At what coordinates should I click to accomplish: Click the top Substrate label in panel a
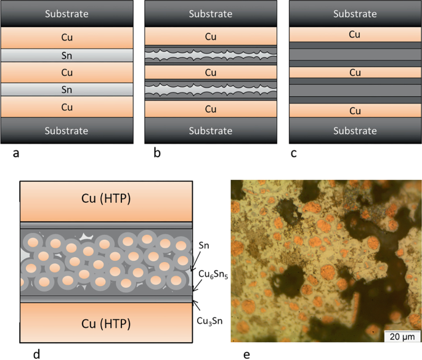tap(67, 14)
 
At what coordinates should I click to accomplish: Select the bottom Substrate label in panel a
tap(67, 131)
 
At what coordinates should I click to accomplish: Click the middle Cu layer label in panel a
tap(67, 73)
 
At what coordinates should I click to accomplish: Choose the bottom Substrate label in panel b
tap(211, 131)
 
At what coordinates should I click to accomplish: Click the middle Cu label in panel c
tap(355, 73)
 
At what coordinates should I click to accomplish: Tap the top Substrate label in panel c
tap(355, 14)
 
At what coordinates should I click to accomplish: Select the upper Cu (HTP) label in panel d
tap(107, 200)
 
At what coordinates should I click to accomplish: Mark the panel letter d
tap(37, 354)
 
